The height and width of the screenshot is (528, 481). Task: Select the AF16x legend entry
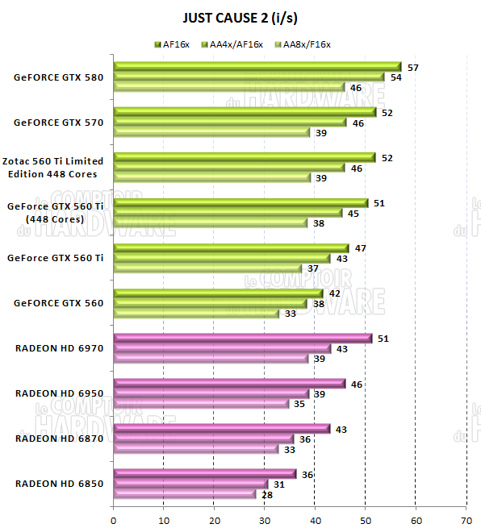pyautogui.click(x=175, y=44)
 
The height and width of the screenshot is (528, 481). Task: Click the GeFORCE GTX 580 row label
pyautogui.click(x=58, y=78)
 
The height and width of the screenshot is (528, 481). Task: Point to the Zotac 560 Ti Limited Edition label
pyautogui.click(x=54, y=168)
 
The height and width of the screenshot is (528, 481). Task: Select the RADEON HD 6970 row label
pyautogui.click(x=59, y=348)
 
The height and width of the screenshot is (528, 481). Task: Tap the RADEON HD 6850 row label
pyautogui.click(x=59, y=484)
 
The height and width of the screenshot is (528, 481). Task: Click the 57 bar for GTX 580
pyautogui.click(x=257, y=67)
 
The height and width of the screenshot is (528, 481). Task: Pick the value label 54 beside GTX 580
pyautogui.click(x=396, y=78)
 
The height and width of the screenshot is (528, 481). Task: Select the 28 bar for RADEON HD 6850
pyautogui.click(x=185, y=494)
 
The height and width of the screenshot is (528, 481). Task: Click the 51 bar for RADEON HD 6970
pyautogui.click(x=242, y=339)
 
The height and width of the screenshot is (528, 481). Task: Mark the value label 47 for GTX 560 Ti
pyautogui.click(x=361, y=248)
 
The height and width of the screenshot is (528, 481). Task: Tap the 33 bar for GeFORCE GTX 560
pyautogui.click(x=196, y=314)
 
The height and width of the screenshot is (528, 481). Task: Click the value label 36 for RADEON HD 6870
pyautogui.click(x=306, y=439)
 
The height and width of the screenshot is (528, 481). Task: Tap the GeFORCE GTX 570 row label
pyautogui.click(x=58, y=123)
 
